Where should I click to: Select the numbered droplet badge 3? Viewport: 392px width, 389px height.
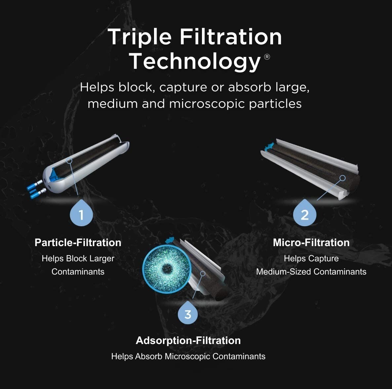pyautogui.click(x=188, y=313)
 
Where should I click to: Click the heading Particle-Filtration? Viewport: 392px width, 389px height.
pyautogui.click(x=78, y=242)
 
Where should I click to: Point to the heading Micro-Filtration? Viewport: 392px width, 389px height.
pyautogui.click(x=311, y=242)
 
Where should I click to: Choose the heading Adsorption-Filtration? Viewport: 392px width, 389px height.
pyautogui.click(x=188, y=340)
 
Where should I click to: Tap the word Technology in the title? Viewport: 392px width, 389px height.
pyautogui.click(x=195, y=61)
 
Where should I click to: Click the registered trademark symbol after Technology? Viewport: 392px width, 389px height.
pyautogui.click(x=267, y=57)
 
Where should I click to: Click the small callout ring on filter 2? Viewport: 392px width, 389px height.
pyautogui.click(x=342, y=178)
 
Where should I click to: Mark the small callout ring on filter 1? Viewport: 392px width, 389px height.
pyautogui.click(x=69, y=160)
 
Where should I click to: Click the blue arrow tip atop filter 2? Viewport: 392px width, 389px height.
pyautogui.click(x=271, y=145)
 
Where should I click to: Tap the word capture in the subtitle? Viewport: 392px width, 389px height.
pyautogui.click(x=183, y=87)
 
